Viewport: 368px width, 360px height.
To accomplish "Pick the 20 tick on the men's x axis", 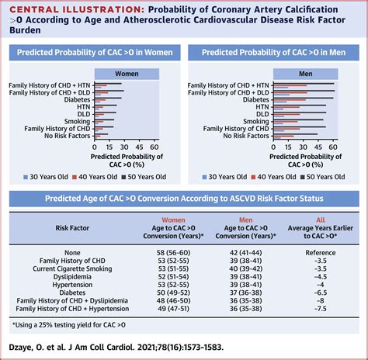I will pyautogui.click(x=290, y=144).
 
